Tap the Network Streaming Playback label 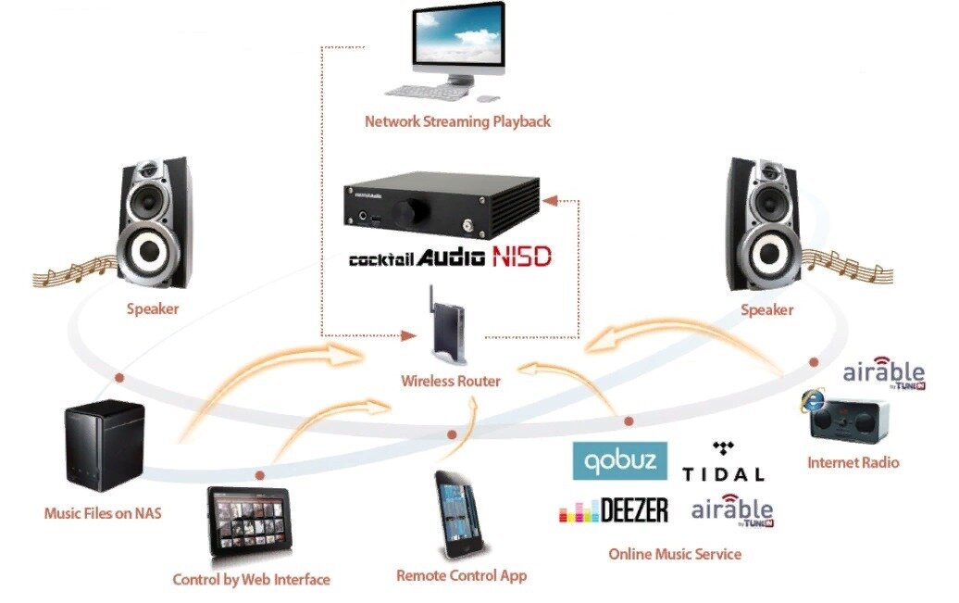[x=457, y=121]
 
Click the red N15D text [x=521, y=257]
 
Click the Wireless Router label [x=450, y=381]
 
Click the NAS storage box [x=104, y=446]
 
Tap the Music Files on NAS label [x=103, y=512]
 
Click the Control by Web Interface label [x=251, y=580]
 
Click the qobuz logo [x=619, y=460]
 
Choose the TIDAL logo [x=723, y=462]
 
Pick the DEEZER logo [x=614, y=511]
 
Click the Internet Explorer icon [x=812, y=401]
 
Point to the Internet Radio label [x=853, y=462]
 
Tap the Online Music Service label [x=675, y=554]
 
